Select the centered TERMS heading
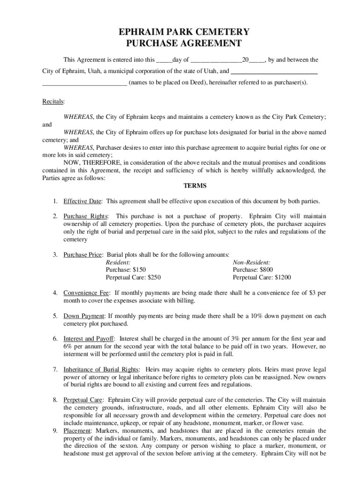[x=195, y=186]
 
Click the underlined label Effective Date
[x=82, y=201]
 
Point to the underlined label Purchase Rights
[x=86, y=216]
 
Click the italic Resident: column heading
[x=118, y=262]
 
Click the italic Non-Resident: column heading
[x=252, y=262]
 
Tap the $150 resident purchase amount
[x=139, y=270]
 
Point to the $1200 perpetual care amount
[x=282, y=277]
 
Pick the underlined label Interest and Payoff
[x=88, y=338]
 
